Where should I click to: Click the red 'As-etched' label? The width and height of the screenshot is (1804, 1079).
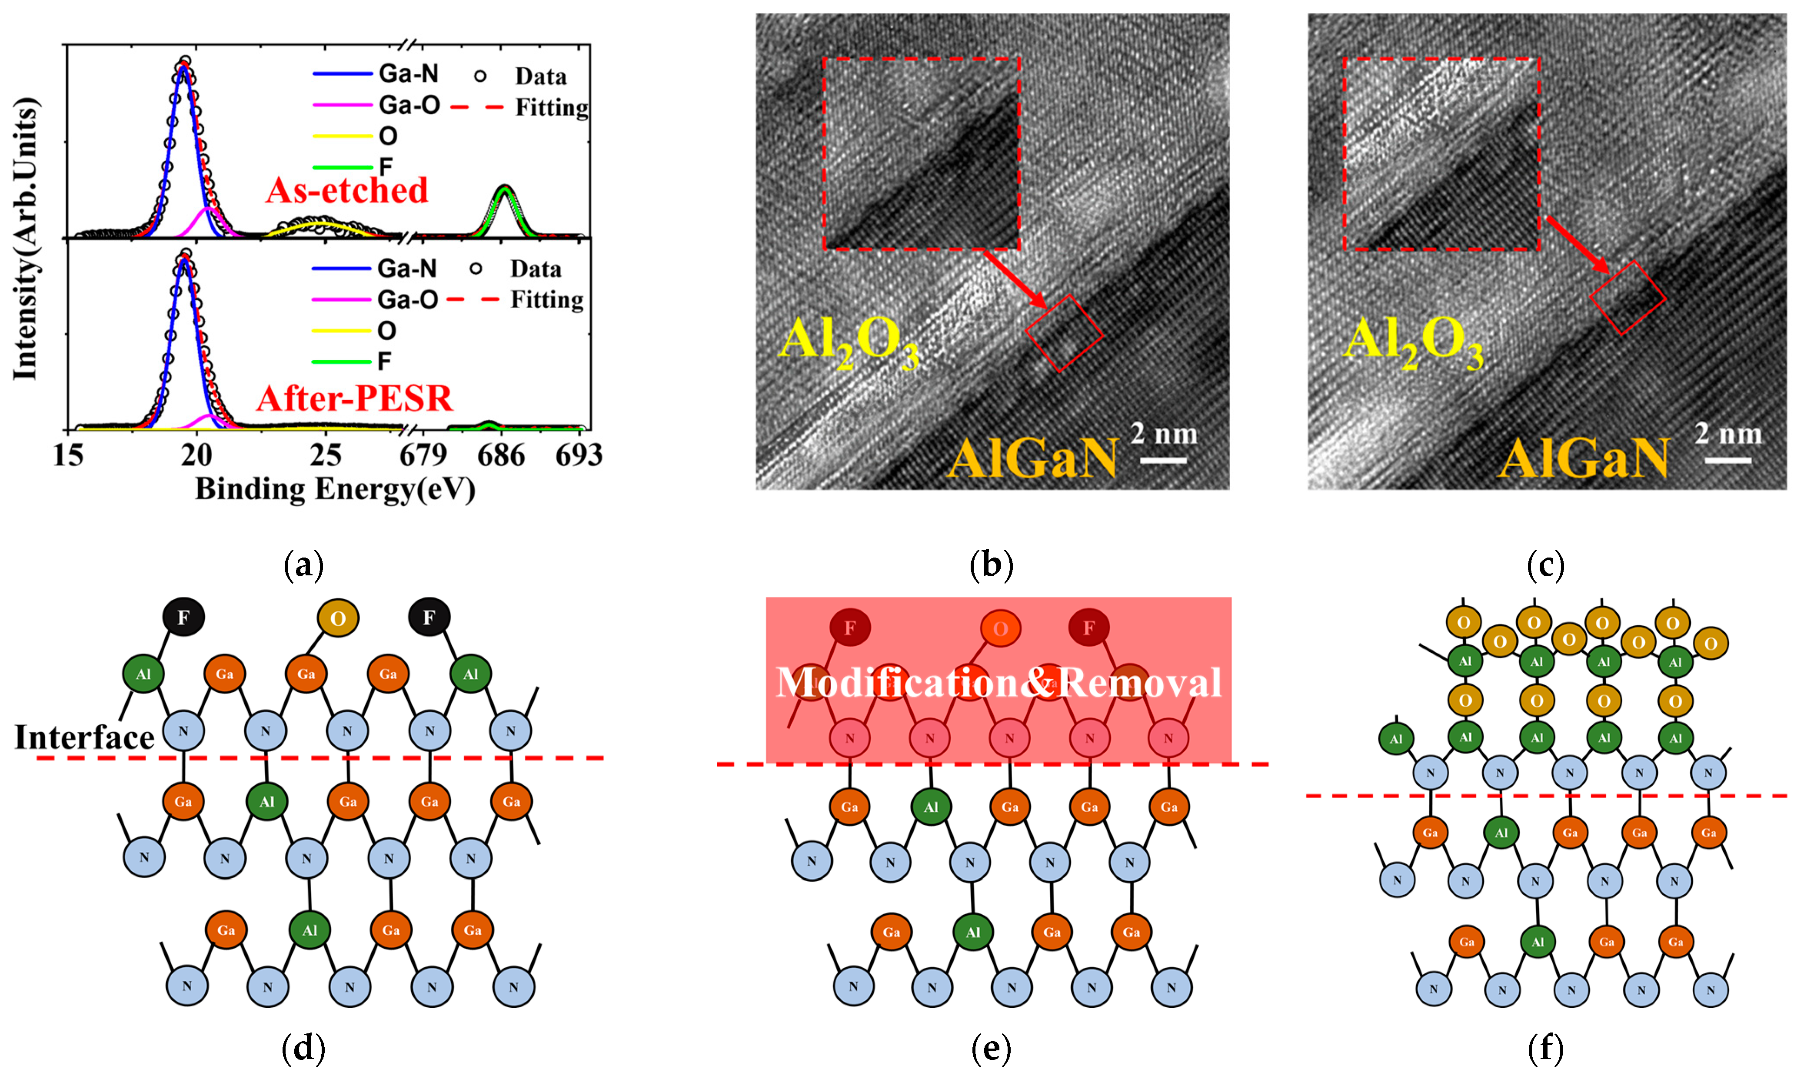click(347, 190)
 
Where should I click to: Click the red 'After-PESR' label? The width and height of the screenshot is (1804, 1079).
click(354, 398)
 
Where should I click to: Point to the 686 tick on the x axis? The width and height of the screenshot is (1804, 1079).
click(501, 456)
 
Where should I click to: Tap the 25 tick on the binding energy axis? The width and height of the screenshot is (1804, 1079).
click(325, 456)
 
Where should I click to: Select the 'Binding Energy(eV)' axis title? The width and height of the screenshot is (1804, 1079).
click(335, 489)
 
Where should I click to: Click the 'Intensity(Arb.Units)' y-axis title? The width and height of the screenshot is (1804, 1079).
click(26, 240)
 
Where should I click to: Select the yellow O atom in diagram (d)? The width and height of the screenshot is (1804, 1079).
click(338, 618)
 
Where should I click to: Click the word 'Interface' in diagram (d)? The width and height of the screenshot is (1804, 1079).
click(84, 737)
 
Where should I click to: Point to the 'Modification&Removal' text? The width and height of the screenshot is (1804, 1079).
click(999, 682)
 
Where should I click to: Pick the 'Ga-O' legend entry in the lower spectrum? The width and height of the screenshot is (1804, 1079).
click(407, 299)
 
